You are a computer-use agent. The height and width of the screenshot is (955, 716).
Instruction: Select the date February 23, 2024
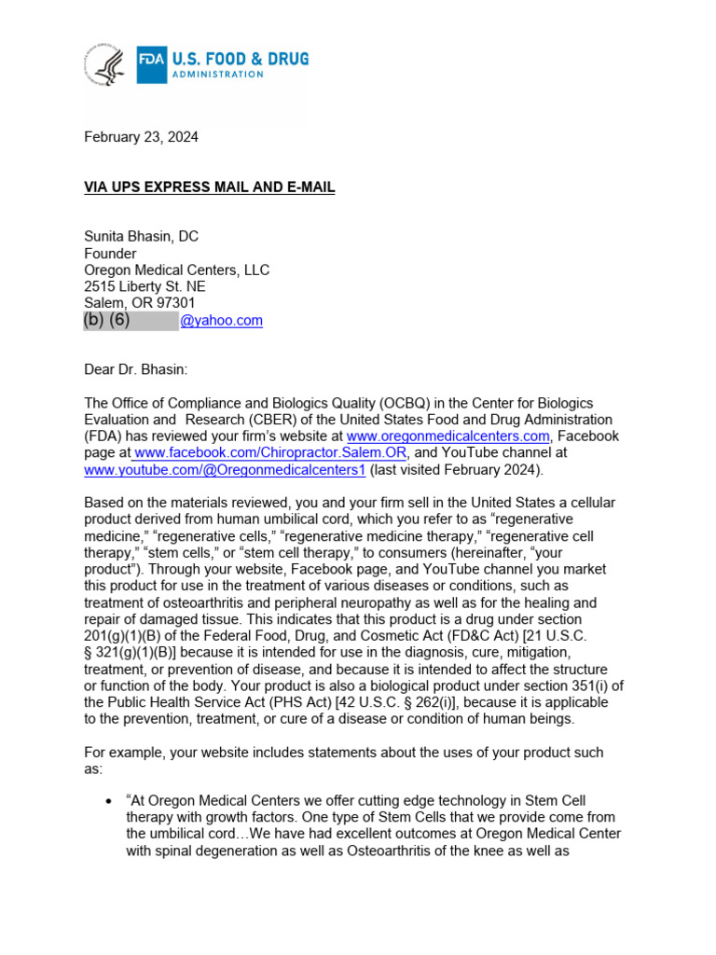coord(141,137)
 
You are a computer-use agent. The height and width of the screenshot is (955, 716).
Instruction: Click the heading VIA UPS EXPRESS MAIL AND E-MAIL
coord(209,187)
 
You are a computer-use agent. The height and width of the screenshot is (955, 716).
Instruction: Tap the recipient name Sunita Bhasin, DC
coord(141,237)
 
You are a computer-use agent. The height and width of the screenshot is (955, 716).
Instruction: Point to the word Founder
coord(110,254)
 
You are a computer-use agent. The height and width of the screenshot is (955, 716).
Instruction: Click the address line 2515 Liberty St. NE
coord(145,286)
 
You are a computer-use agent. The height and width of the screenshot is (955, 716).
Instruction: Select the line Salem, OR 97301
coord(139,303)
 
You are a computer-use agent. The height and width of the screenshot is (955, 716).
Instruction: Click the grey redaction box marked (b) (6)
coord(131,320)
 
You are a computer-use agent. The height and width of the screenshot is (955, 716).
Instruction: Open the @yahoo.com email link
coord(221,320)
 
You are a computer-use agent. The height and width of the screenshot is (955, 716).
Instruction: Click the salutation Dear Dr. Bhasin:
coord(135,369)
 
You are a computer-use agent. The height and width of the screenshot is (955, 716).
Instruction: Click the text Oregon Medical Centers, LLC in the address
coord(176,270)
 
